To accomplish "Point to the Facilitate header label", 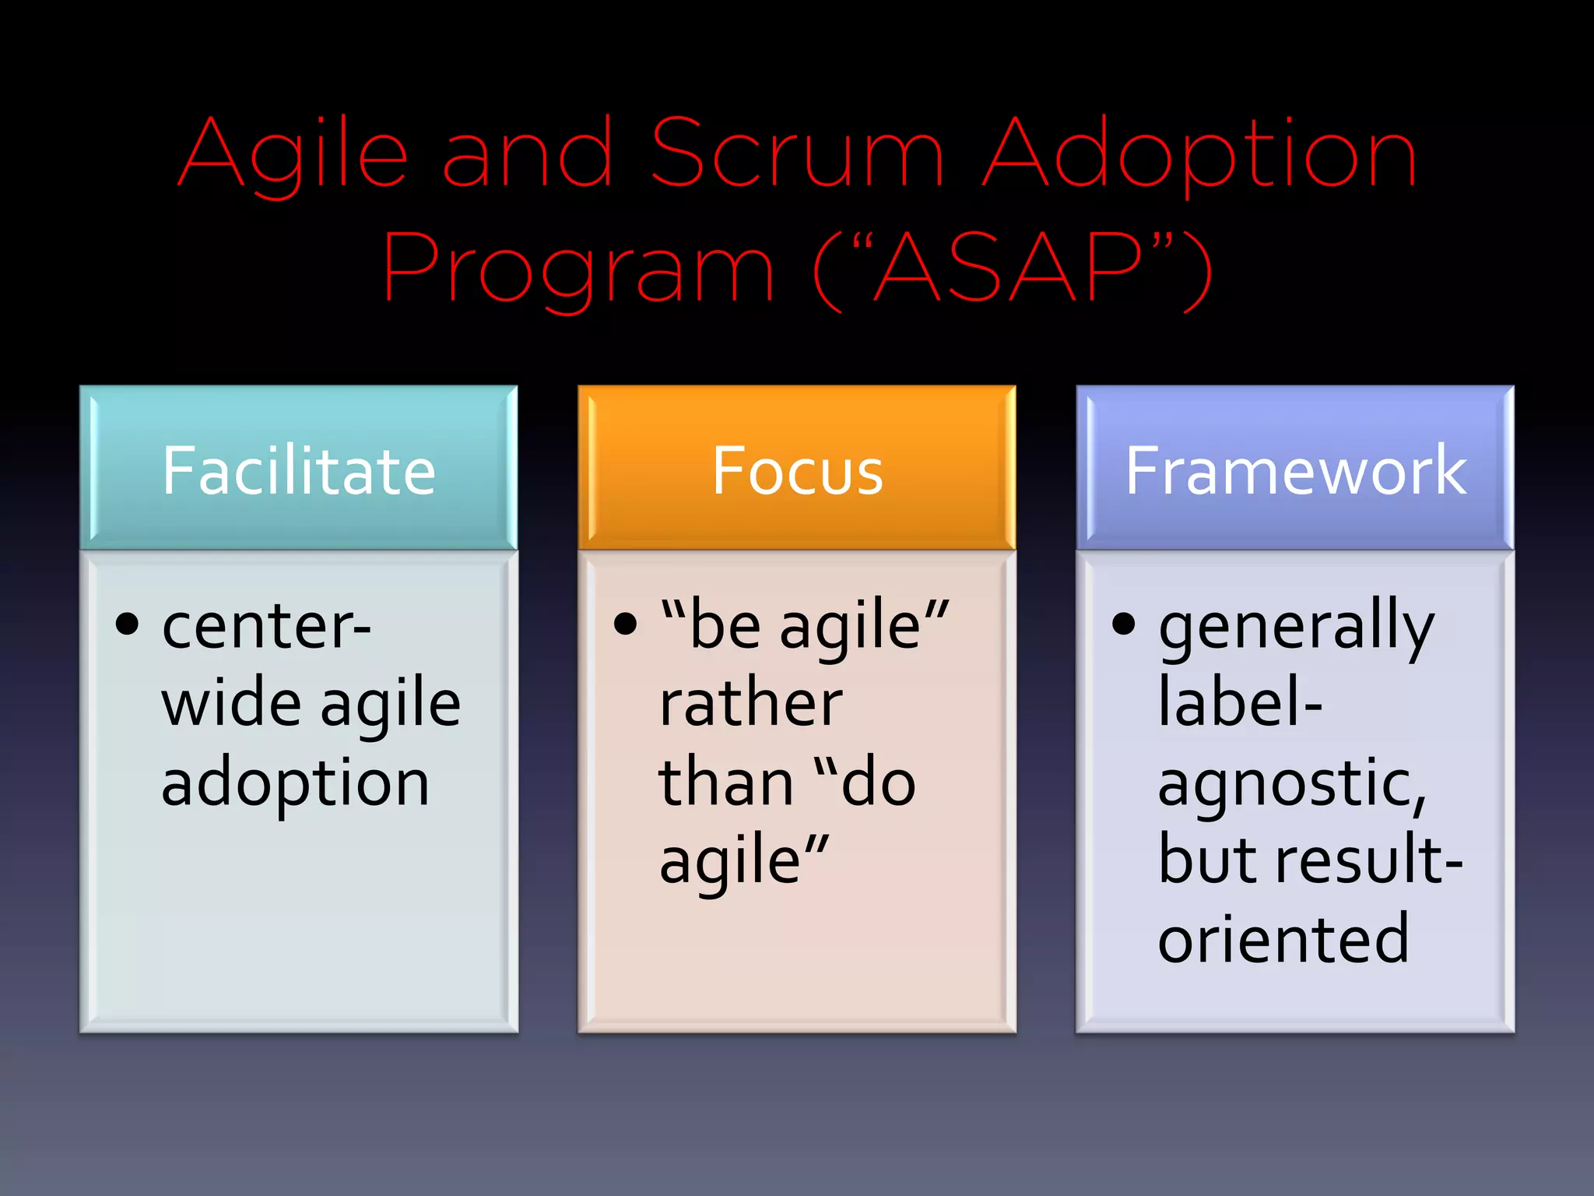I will point(298,471).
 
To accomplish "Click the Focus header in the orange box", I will point(797,471).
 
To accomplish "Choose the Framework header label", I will point(1295,471).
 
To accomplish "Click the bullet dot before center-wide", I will point(127,624).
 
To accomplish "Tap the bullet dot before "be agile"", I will point(625,624).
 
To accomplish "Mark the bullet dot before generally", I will point(1123,624).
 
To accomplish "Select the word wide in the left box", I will point(231,703).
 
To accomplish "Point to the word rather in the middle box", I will point(750,703).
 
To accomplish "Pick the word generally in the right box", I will point(1295,628).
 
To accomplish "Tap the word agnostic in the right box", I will point(1291,785).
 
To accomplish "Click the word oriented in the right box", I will point(1283,939).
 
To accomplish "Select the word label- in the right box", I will point(1240,703).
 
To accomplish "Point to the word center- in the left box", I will point(265,628).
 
